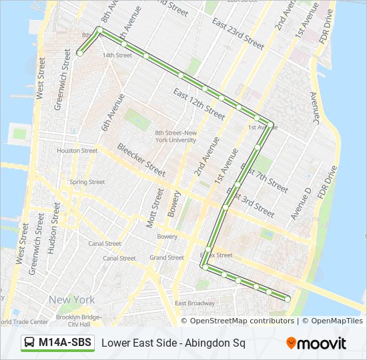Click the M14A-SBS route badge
coord(58,343)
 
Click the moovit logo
coord(316,343)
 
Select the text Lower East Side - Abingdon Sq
coord(173,343)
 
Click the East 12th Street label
coord(199,103)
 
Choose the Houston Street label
coord(77,151)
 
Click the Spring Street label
coord(87,181)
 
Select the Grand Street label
coord(167,257)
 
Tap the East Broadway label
coord(194,304)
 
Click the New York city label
coord(71,300)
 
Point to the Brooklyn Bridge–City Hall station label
coord(78,320)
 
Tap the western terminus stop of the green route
coord(79,53)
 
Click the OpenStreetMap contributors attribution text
coord(242,321)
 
